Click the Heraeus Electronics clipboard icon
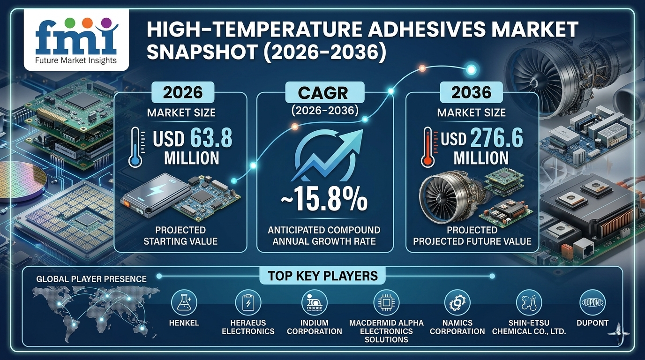pyautogui.click(x=247, y=302)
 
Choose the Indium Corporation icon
pyautogui.click(x=314, y=302)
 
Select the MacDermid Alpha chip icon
pyautogui.click(x=386, y=302)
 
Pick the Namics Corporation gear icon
pyautogui.click(x=457, y=302)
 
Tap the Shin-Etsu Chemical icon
pyautogui.click(x=529, y=302)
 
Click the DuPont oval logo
pyautogui.click(x=593, y=302)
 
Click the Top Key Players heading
pyautogui.click(x=322, y=275)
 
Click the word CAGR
pyautogui.click(x=324, y=93)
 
